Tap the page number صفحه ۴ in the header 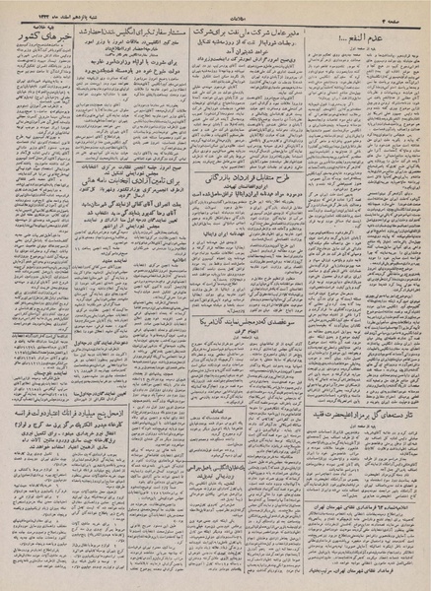406,10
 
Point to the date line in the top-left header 39,10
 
